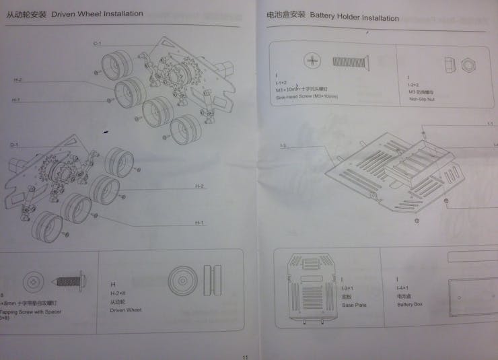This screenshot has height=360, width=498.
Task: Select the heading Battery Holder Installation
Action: click(354, 17)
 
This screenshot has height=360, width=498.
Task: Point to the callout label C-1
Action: click(97, 44)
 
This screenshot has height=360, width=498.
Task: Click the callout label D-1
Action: click(13, 145)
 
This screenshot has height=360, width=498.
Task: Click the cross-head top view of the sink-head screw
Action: click(314, 62)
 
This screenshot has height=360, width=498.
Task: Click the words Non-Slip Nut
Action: click(421, 98)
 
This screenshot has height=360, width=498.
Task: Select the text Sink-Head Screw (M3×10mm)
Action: click(307, 97)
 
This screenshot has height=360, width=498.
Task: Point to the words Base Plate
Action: click(354, 305)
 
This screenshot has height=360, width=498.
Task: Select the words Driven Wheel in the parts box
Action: click(125, 310)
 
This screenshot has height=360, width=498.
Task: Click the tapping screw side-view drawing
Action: click(67, 279)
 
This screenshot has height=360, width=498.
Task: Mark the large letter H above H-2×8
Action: click(112, 285)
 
